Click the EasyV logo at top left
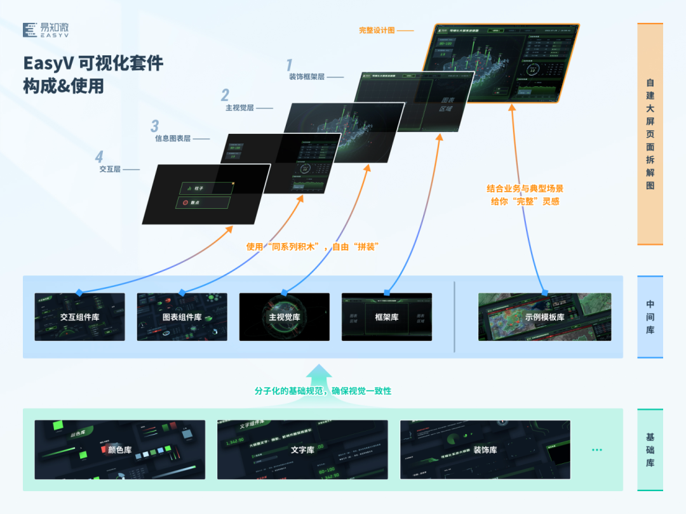click(x=46, y=30)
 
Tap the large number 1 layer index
click(x=290, y=65)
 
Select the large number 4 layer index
click(x=98, y=157)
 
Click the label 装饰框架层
click(x=307, y=77)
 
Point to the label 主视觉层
click(x=239, y=108)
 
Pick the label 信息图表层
click(x=173, y=138)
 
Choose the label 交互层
click(x=110, y=169)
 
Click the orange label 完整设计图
click(x=377, y=30)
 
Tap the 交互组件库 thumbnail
click(x=79, y=317)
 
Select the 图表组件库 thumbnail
click(x=182, y=317)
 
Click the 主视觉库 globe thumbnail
click(x=284, y=317)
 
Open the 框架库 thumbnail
click(x=386, y=317)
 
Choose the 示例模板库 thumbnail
click(x=544, y=317)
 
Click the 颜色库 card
click(x=120, y=449)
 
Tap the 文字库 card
click(x=302, y=449)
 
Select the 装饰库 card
click(x=485, y=449)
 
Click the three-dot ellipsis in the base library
click(x=596, y=450)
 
